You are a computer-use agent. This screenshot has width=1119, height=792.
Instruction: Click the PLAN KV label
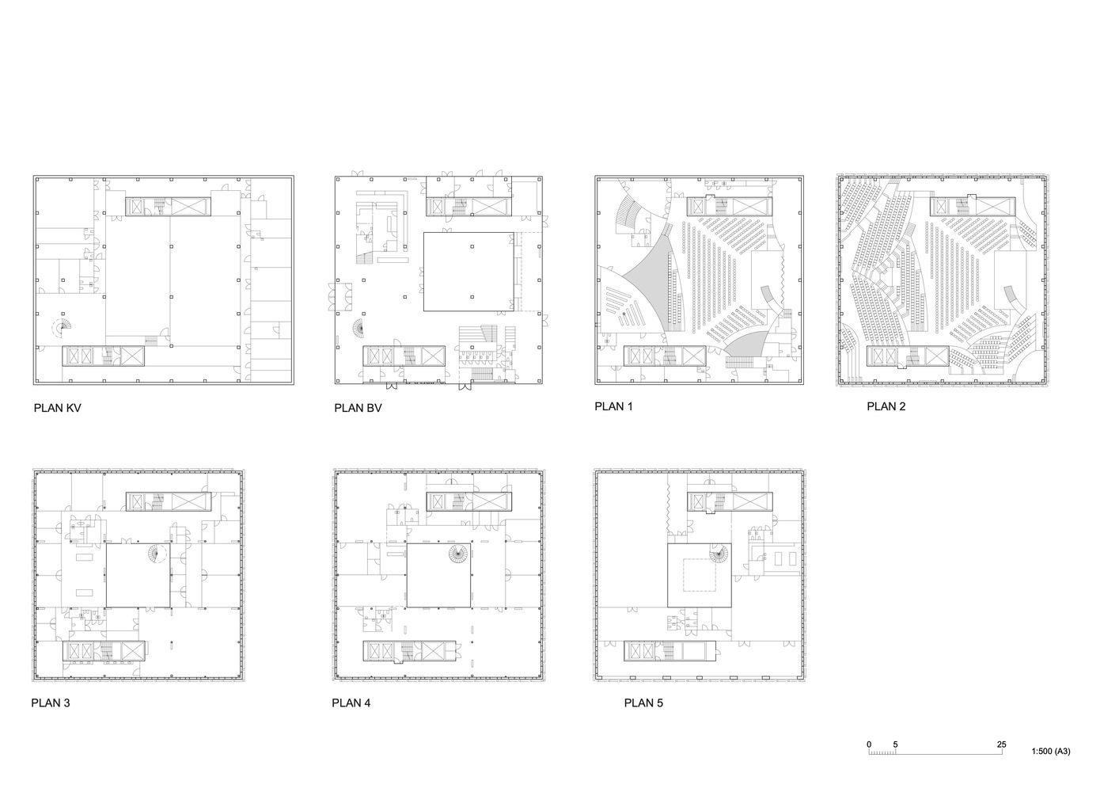(x=57, y=408)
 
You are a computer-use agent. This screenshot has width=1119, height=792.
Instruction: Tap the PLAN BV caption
(x=358, y=408)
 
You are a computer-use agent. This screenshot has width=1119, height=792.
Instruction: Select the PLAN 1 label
(x=613, y=406)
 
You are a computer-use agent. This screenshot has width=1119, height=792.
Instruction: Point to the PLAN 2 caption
(x=886, y=406)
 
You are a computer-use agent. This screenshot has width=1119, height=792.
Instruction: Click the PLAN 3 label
(x=51, y=703)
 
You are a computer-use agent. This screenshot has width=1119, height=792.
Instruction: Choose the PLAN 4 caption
(x=351, y=703)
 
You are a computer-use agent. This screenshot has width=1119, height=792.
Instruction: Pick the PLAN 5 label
(x=643, y=703)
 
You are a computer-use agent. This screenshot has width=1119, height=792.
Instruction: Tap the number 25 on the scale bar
(x=1002, y=744)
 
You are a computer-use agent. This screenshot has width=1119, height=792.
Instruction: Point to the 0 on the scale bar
(x=869, y=744)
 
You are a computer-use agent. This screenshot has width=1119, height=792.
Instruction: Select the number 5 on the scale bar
(x=895, y=744)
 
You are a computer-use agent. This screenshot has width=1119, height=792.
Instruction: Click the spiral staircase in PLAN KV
(x=63, y=327)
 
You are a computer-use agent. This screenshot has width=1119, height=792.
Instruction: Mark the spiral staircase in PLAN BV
(x=358, y=328)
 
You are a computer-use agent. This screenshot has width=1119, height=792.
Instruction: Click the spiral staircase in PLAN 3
(x=157, y=554)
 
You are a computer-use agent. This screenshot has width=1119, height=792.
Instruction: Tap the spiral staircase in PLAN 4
(x=457, y=554)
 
